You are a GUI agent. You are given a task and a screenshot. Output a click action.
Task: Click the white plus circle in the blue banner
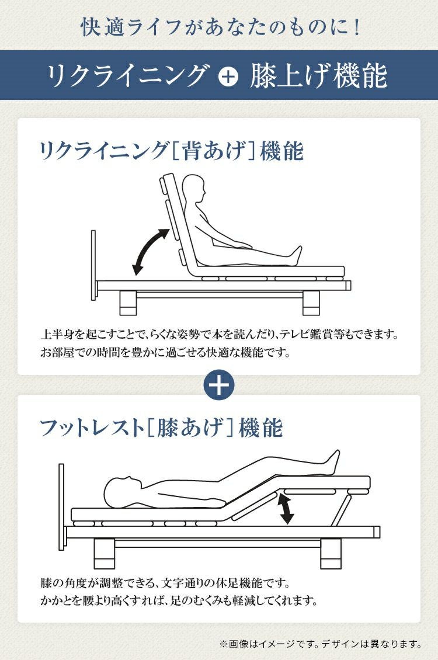[228, 77]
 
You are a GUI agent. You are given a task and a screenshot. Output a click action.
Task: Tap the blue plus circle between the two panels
[219, 385]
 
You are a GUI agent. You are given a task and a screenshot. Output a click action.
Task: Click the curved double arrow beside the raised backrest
[150, 251]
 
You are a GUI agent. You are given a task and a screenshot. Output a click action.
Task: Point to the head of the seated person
[195, 189]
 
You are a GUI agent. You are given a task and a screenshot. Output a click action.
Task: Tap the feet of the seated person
[296, 256]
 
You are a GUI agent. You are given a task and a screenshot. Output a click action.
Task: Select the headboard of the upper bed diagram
[93, 265]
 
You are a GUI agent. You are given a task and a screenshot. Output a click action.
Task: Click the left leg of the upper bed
[128, 303]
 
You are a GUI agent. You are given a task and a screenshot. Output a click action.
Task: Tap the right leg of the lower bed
[331, 554]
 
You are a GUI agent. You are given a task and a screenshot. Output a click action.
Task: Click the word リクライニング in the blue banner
[127, 76]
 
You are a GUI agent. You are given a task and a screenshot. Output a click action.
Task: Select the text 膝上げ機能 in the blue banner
[318, 76]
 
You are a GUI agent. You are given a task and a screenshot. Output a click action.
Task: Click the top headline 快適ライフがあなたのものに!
[221, 27]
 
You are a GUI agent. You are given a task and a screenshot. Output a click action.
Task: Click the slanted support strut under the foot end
[341, 510]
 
